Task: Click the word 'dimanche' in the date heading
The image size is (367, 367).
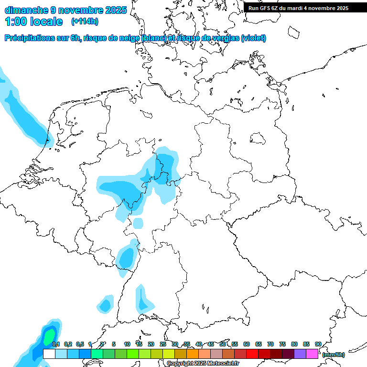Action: [x=26, y=10]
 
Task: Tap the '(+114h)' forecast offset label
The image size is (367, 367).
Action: [x=85, y=22]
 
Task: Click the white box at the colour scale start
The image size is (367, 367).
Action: [x=49, y=354]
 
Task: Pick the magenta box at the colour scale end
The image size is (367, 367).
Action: [x=312, y=354]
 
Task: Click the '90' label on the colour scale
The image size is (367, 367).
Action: [x=318, y=344]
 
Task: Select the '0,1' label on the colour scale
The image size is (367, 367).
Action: [x=55, y=344]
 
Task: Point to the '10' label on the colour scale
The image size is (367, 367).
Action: [x=127, y=344]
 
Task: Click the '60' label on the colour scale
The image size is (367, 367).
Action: [x=247, y=344]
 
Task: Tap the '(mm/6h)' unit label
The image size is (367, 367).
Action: [x=334, y=355]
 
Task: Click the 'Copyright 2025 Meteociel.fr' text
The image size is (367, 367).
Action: [x=203, y=364]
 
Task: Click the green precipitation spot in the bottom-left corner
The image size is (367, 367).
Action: [x=48, y=337]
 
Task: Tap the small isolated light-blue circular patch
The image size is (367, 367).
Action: [x=138, y=223]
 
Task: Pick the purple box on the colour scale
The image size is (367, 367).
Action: [x=300, y=354]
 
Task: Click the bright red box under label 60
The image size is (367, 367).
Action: [x=252, y=354]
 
